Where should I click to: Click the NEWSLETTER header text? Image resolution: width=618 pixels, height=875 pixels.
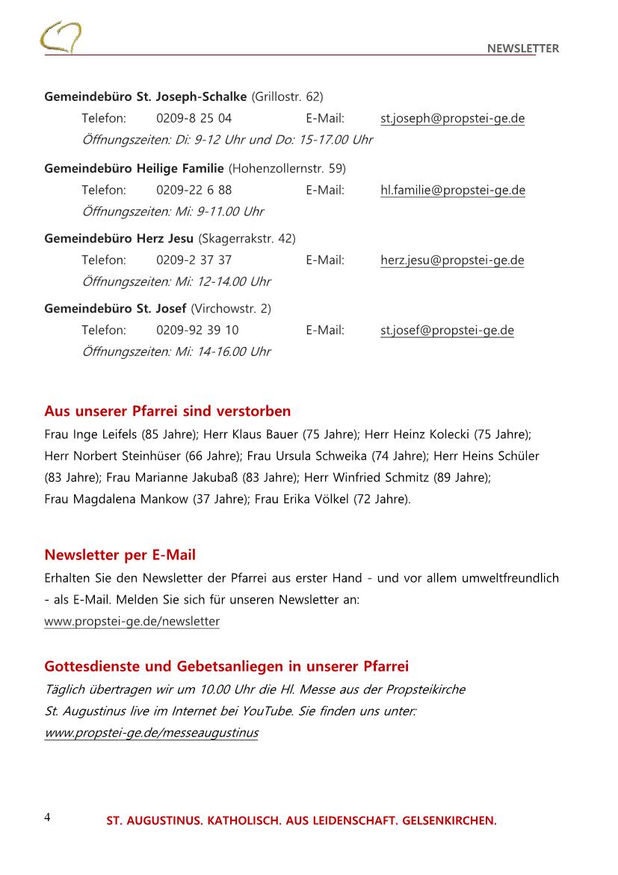tap(522, 49)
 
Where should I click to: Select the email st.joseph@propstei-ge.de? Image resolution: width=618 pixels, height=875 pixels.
tap(452, 118)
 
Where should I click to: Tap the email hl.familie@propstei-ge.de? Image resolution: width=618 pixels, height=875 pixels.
tap(452, 190)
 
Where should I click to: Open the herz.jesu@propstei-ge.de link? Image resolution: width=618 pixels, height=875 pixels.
tap(452, 260)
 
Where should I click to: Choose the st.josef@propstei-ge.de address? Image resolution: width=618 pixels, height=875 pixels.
tap(447, 331)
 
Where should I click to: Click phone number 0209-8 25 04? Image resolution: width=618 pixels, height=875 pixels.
tap(194, 118)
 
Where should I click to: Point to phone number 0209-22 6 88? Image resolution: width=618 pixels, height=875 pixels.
tap(194, 190)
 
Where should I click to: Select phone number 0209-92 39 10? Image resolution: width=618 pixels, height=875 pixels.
tap(197, 331)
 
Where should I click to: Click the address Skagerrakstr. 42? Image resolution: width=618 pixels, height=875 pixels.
tap(247, 239)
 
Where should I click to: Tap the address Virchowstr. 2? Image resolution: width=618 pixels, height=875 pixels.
tap(232, 308)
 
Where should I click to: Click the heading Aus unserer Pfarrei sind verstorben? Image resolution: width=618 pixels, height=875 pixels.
tap(167, 411)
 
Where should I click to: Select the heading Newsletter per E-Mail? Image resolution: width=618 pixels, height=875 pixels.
tap(120, 555)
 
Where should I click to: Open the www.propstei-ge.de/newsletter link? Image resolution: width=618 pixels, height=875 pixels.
tap(132, 621)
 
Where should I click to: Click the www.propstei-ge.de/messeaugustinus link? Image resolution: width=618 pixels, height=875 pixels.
tap(151, 733)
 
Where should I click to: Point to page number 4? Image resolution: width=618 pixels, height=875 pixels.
tap(48, 817)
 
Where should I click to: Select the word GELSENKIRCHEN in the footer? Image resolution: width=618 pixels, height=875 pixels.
tap(449, 821)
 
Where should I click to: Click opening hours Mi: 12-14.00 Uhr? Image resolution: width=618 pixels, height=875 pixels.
tap(222, 282)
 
